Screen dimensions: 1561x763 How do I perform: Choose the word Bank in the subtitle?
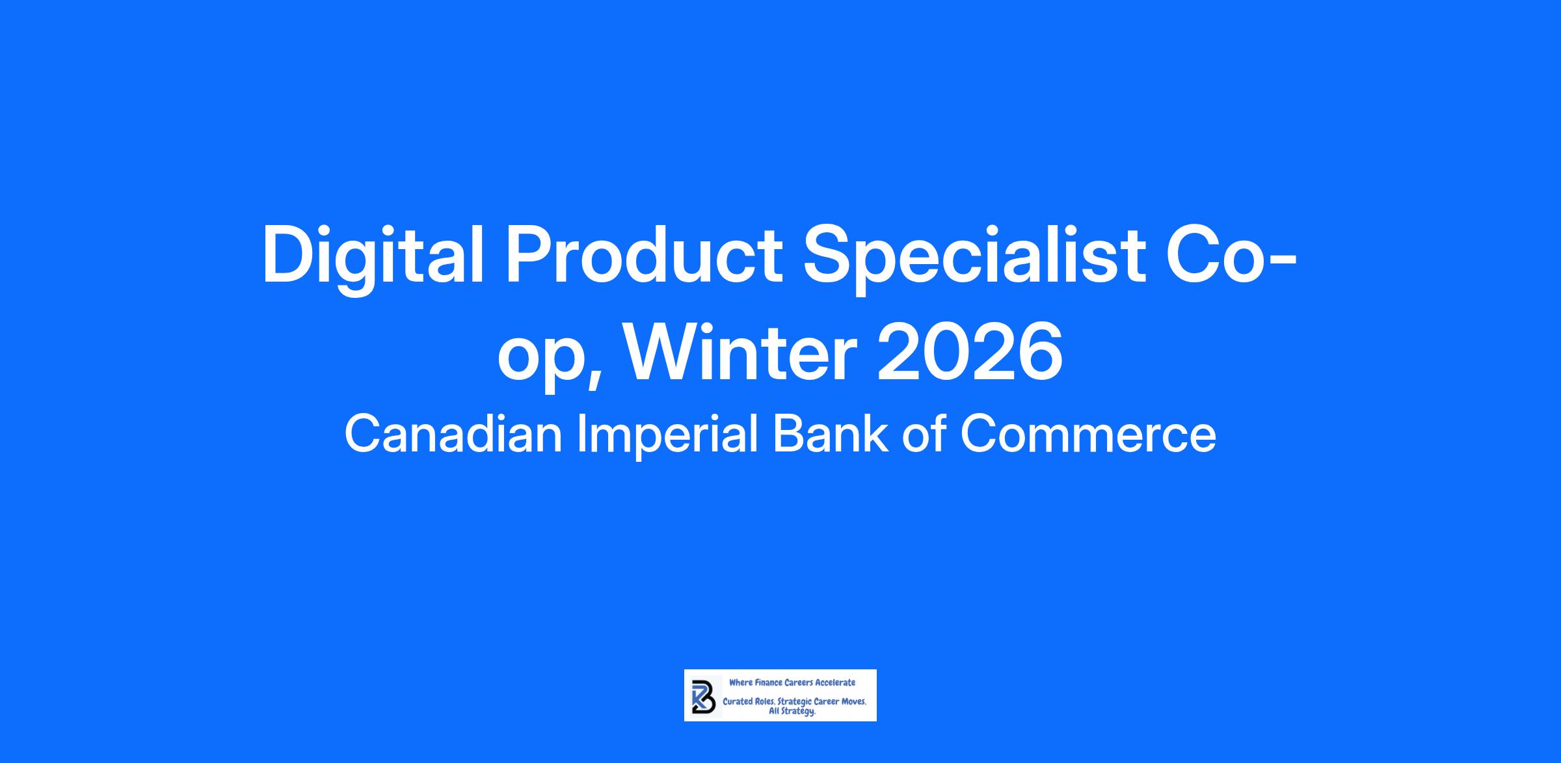pyautogui.click(x=830, y=435)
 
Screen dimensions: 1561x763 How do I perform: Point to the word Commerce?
pyautogui.click(x=1088, y=435)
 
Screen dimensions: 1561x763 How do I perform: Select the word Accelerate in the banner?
pyautogui.click(x=835, y=682)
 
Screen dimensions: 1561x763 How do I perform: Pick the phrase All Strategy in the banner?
pyautogui.click(x=792, y=712)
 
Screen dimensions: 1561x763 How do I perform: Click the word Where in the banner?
pyautogui.click(x=741, y=682)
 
